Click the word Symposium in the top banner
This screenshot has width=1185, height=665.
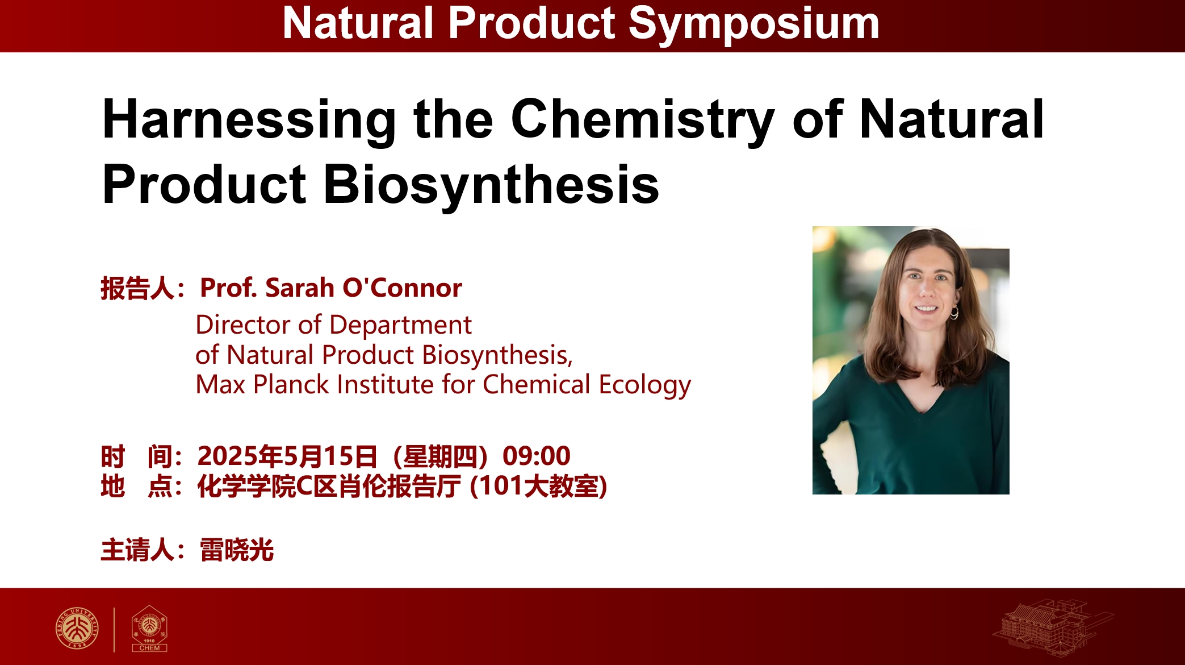click(x=754, y=24)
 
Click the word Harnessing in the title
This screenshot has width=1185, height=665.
click(x=249, y=121)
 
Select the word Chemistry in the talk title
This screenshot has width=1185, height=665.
click(x=643, y=121)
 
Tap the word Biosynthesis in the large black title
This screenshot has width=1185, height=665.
click(x=491, y=185)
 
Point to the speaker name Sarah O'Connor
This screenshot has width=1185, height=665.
click(x=363, y=288)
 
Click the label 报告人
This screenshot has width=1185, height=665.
click(x=137, y=288)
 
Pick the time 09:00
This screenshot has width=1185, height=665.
click(x=537, y=456)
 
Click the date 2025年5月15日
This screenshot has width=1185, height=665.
click(x=287, y=456)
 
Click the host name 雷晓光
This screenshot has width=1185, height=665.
click(x=237, y=550)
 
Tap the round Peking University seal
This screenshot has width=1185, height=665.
click(x=77, y=628)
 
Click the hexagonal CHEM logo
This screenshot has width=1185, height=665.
click(x=149, y=628)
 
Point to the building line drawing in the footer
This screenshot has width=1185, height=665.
click(x=1053, y=628)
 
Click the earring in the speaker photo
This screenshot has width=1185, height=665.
click(x=954, y=312)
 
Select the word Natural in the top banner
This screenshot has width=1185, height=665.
click(x=358, y=24)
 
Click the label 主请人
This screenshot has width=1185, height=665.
click(x=137, y=550)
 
